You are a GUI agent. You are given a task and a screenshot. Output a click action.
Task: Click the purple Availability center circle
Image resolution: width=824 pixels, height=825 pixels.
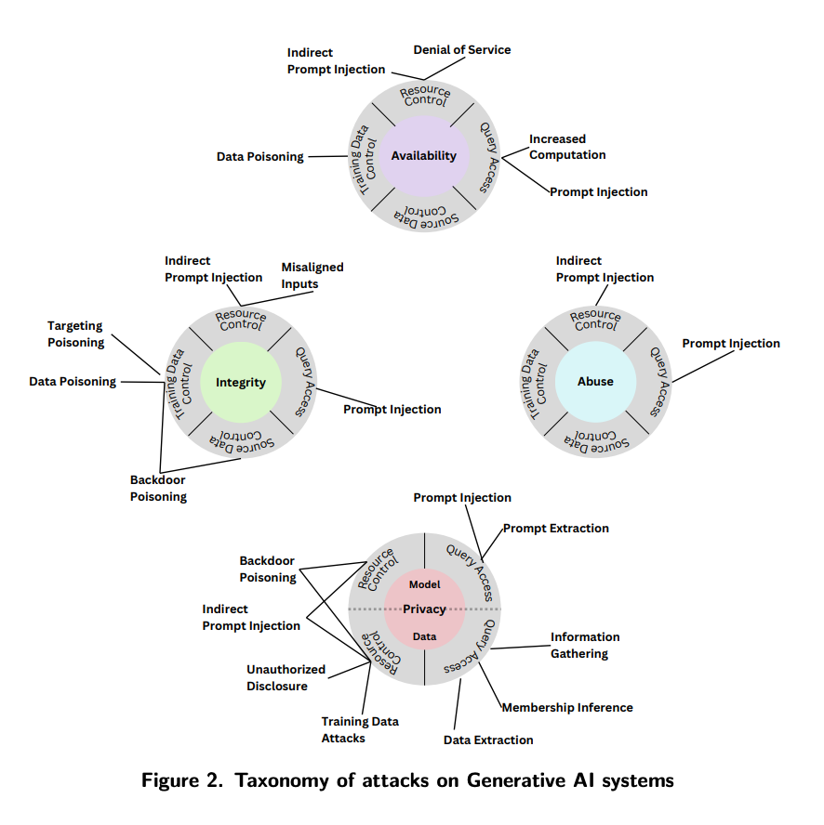pos(423,155)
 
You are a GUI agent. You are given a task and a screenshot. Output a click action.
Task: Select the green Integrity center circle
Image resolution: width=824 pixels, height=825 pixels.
pos(240,382)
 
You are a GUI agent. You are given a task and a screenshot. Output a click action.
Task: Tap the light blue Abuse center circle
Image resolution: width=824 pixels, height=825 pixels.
pos(595,382)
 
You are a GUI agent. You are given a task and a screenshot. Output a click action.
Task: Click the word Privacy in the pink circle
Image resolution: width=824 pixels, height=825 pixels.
pos(424,609)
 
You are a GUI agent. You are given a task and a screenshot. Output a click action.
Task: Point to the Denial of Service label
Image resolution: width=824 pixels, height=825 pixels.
pos(462,49)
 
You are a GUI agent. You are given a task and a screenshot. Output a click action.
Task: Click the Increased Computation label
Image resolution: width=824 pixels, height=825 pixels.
pos(567,147)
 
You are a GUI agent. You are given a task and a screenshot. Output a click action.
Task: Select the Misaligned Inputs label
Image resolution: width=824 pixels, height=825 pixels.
pos(312,275)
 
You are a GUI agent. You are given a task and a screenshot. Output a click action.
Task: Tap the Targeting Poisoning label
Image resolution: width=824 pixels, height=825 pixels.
pos(75,334)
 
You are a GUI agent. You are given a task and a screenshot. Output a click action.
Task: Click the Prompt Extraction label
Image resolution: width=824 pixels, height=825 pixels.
pos(556,528)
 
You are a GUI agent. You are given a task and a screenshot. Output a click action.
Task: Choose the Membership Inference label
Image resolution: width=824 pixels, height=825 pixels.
pos(567,708)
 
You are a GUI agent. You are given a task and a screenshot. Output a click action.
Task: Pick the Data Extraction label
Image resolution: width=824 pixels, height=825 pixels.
pos(488,740)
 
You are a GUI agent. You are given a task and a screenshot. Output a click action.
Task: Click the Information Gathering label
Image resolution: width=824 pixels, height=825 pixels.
pos(584,645)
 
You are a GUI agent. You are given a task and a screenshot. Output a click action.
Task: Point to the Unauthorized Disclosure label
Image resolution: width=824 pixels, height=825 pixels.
pos(286,677)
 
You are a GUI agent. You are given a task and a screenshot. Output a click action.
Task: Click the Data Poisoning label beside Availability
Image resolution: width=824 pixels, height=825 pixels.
pos(260,157)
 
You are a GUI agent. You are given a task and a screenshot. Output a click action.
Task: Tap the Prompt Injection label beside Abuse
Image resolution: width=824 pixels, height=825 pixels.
pos(731,344)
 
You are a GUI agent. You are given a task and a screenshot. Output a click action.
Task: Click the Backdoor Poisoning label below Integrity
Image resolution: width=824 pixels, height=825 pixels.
pos(158,488)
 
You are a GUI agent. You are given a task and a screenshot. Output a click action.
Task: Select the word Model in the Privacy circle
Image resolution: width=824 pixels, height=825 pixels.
pos(424,585)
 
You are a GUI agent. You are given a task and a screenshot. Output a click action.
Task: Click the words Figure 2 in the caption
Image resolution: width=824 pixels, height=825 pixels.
pos(180,780)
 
